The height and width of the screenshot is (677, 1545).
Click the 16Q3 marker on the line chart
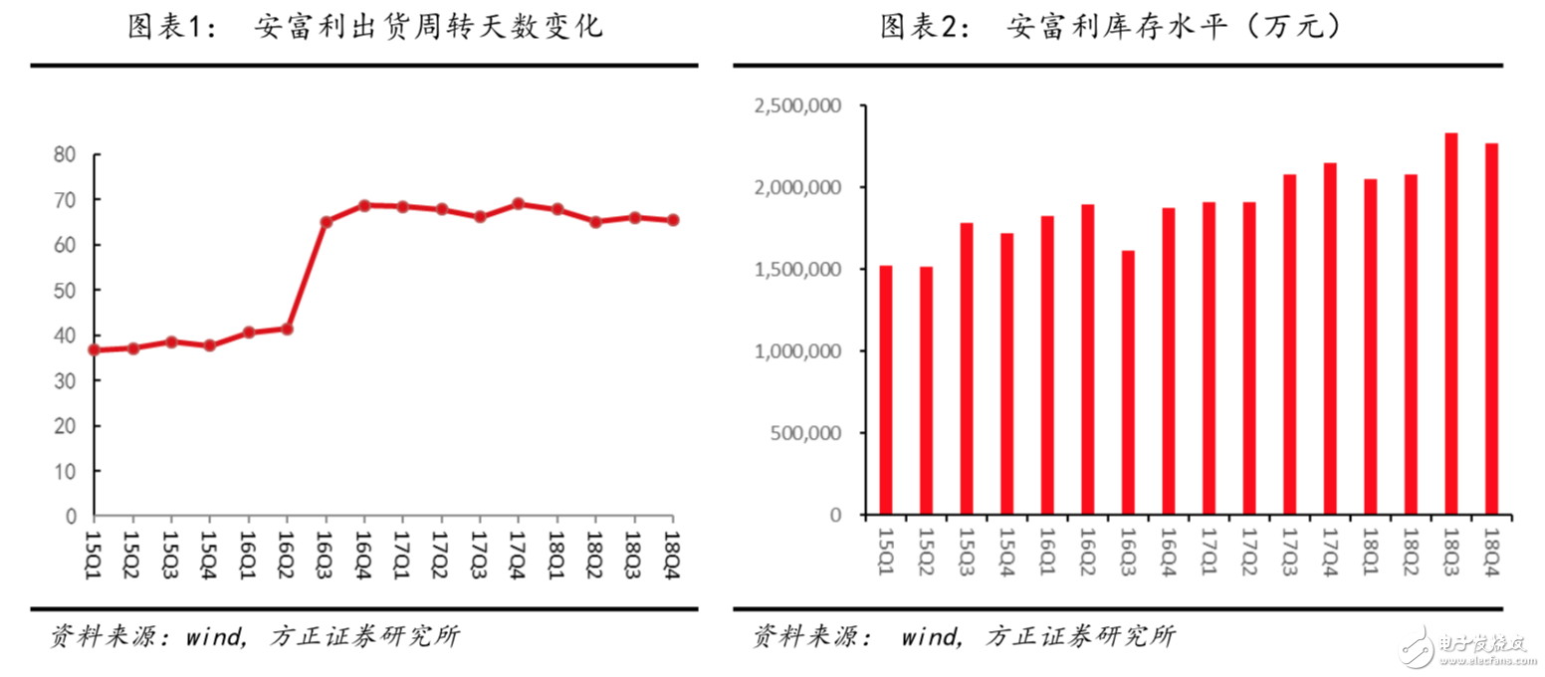[326, 221]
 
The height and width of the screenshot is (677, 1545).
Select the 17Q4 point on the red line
[518, 204]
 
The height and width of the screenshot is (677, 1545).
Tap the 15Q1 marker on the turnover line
[95, 349]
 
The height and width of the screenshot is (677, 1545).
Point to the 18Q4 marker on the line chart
[672, 220]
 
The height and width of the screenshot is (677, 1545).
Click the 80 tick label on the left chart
[65, 154]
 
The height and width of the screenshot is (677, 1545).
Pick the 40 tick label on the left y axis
[65, 336]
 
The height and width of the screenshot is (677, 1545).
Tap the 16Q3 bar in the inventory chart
[1128, 382]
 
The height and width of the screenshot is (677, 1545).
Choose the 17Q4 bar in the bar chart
[1330, 338]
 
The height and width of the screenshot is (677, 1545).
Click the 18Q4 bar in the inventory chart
[1491, 329]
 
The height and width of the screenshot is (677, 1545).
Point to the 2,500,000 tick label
[799, 107]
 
